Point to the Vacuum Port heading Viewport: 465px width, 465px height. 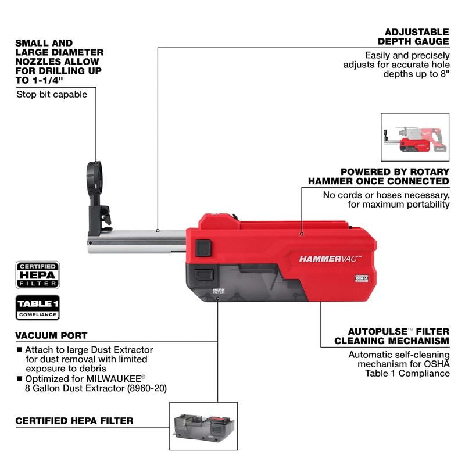[x=52, y=335]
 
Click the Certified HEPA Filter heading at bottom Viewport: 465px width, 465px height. [x=74, y=420]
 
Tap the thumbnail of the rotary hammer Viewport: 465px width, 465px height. [x=414, y=137]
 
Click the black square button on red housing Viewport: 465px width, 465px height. [x=203, y=248]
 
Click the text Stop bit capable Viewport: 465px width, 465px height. [x=52, y=94]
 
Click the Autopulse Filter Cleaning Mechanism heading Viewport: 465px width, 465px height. [x=391, y=335]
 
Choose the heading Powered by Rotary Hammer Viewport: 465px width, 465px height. [x=395, y=176]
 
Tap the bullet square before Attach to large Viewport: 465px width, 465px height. [x=20, y=350]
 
